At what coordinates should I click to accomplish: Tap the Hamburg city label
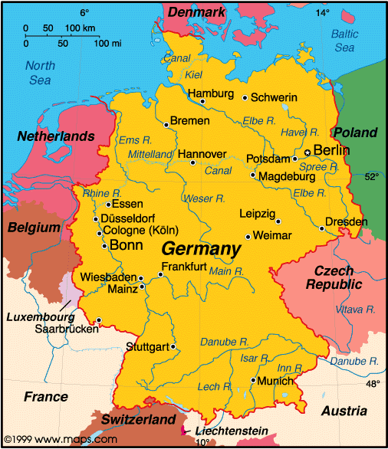tap(210, 93)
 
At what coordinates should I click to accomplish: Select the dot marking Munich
tap(253, 380)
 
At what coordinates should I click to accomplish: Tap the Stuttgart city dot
tap(174, 346)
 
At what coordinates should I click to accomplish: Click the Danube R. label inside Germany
tap(225, 341)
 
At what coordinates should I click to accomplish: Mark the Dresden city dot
tap(321, 228)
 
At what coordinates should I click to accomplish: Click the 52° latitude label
tap(371, 177)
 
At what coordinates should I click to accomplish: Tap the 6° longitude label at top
tap(84, 12)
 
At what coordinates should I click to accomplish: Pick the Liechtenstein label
tap(231, 432)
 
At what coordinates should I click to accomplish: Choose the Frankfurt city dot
tap(160, 274)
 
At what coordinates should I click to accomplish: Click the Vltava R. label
tap(355, 310)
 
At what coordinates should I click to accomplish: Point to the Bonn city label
tap(127, 245)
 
